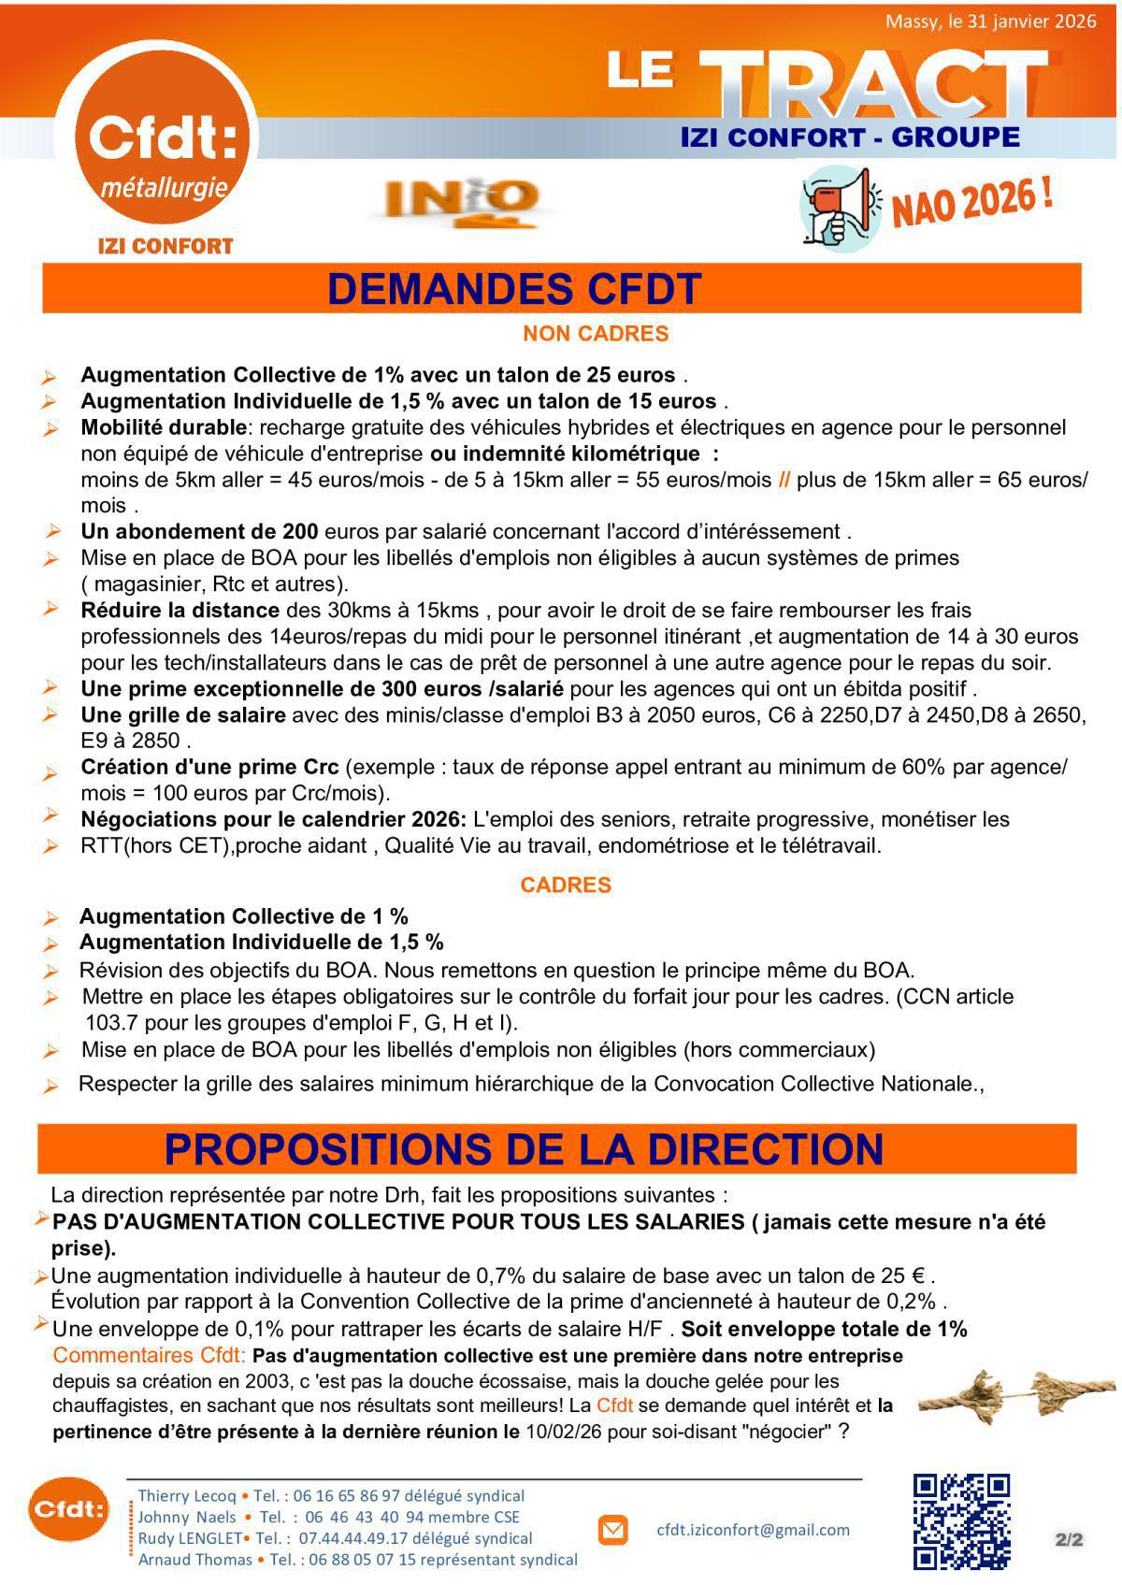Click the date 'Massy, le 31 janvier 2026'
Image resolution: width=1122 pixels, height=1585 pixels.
[x=990, y=22]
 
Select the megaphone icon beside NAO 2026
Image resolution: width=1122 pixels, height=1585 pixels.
[x=841, y=209]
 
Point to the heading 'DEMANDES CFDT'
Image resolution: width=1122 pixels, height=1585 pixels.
[x=514, y=289]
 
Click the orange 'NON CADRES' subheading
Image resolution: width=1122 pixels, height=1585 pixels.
[x=596, y=334]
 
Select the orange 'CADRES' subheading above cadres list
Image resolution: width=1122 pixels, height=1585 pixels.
[x=566, y=886]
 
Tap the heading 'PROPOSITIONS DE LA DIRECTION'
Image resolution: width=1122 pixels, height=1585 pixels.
[x=524, y=1149]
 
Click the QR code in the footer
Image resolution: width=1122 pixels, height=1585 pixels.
[x=961, y=1521]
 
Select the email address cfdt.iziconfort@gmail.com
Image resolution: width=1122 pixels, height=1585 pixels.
[x=754, y=1530]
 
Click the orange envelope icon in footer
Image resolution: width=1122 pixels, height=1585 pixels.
[x=612, y=1531]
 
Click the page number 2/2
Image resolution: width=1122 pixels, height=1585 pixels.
[x=1069, y=1539]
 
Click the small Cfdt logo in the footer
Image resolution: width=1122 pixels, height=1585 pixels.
[x=67, y=1508]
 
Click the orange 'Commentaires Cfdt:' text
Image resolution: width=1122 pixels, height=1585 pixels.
[x=150, y=1355]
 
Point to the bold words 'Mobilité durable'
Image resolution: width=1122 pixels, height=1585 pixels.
[x=164, y=428]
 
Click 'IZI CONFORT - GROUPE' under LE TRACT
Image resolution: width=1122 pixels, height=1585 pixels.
[x=850, y=137]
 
